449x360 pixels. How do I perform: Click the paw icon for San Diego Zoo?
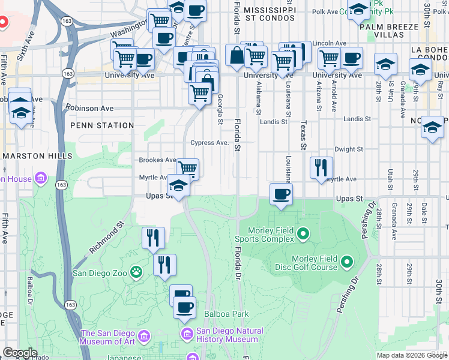pos(137,272)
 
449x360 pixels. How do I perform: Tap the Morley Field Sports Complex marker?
pos(303,233)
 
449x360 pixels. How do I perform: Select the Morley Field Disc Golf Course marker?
pos(346,262)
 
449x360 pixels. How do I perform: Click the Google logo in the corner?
pos(19,353)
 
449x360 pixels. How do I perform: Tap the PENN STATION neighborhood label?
pos(102,125)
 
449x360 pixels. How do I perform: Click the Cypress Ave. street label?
pos(209,143)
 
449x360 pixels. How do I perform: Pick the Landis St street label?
pos(274,122)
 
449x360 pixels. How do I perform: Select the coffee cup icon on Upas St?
pos(280,194)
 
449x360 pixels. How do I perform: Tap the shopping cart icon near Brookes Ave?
pos(188,169)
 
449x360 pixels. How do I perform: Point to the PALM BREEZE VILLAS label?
pos(388,31)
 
